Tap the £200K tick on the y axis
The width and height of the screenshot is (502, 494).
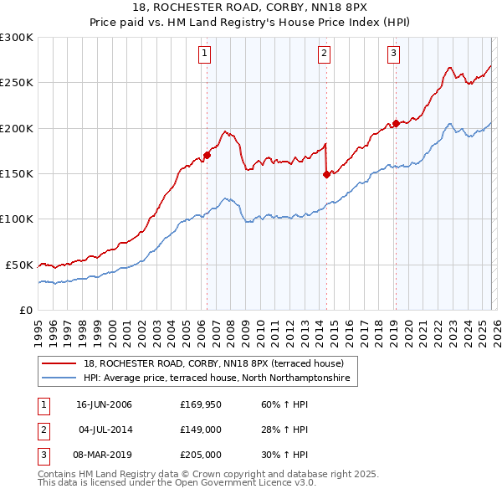tap(17, 128)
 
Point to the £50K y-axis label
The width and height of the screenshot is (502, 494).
tap(19, 265)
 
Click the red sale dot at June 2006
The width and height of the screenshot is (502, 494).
tap(207, 155)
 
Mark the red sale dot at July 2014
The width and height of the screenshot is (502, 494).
tap(325, 174)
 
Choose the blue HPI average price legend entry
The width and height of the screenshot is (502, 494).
tap(220, 378)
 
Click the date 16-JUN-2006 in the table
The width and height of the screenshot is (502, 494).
tap(104, 404)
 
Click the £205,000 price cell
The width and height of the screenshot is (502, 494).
tap(199, 455)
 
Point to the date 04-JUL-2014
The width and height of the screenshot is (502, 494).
tap(104, 430)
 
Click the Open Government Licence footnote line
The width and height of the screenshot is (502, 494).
tap(177, 483)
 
